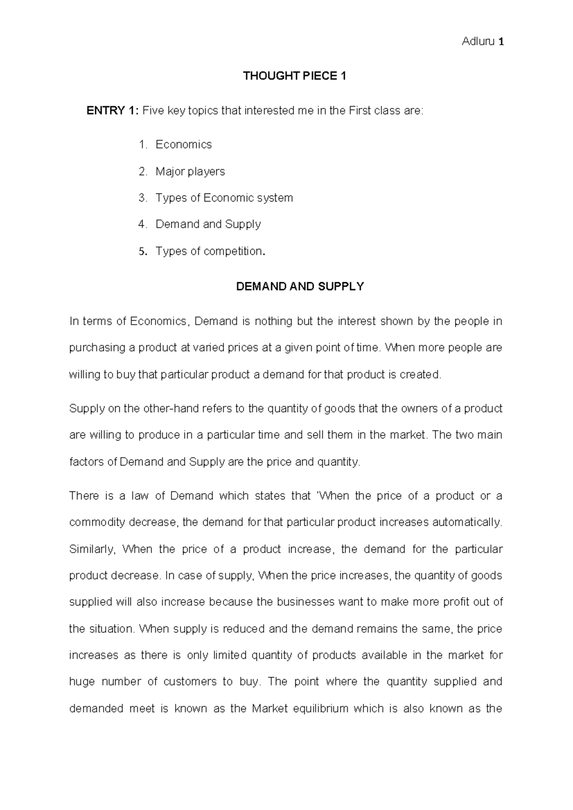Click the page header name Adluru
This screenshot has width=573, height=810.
pos(478,42)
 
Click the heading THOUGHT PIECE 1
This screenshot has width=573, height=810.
pos(294,76)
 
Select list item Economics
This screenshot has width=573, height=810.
pos(183,145)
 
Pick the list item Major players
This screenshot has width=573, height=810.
pos(190,171)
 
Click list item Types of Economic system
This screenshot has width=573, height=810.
pos(224,198)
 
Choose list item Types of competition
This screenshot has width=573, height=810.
pos(209,251)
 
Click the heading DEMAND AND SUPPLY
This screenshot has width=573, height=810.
pos(300,287)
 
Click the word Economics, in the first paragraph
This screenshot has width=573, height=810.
pos(159,321)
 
